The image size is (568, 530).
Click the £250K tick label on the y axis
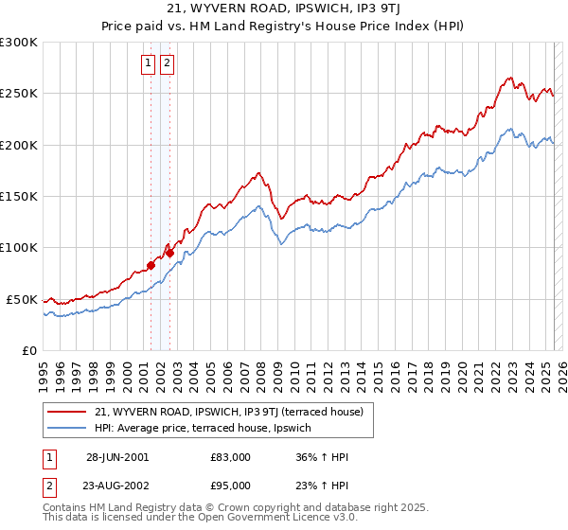pyautogui.click(x=19, y=94)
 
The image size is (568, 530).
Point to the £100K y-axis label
pyautogui.click(x=19, y=248)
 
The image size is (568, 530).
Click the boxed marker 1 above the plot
pyautogui.click(x=149, y=64)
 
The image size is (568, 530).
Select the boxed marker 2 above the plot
pyautogui.click(x=167, y=64)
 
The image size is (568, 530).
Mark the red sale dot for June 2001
pyautogui.click(x=151, y=265)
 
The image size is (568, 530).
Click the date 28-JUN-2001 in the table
pyautogui.click(x=117, y=457)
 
